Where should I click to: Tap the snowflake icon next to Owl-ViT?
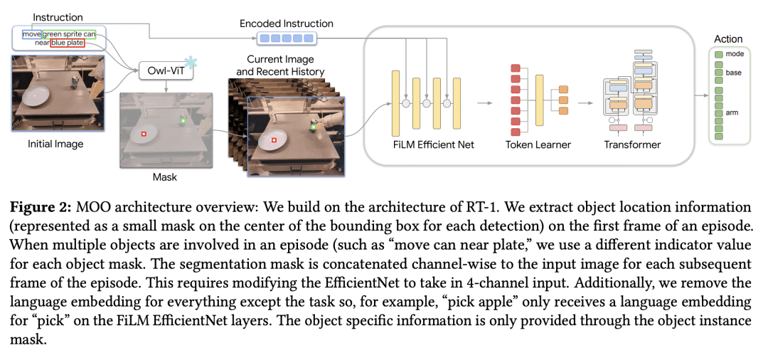pyautogui.click(x=190, y=62)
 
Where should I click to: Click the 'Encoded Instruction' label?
pyautogui.click(x=286, y=23)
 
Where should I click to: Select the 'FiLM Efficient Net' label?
pyautogui.click(x=434, y=145)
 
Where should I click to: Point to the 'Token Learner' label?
pyautogui.click(x=538, y=145)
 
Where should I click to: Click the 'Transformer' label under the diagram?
pyautogui.click(x=632, y=145)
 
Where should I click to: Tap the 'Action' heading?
pyautogui.click(x=728, y=39)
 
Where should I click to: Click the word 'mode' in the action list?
pyautogui.click(x=735, y=54)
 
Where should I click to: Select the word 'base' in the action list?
pyautogui.click(x=733, y=73)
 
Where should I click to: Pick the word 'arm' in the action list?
pyautogui.click(x=732, y=112)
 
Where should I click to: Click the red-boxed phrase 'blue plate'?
pyautogui.click(x=67, y=43)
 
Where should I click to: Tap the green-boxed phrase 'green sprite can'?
pyautogui.click(x=68, y=33)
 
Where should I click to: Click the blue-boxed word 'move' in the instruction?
pyautogui.click(x=31, y=33)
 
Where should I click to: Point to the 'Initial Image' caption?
pyautogui.click(x=55, y=144)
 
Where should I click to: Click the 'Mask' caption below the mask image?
pyautogui.click(x=164, y=176)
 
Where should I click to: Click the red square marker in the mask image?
pyautogui.click(x=144, y=133)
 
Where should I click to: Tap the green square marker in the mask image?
pyautogui.click(x=183, y=120)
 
